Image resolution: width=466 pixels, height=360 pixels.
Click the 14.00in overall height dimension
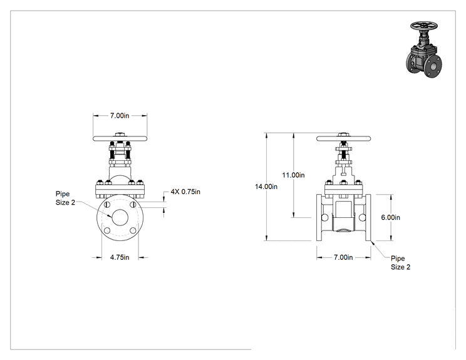pos(266,187)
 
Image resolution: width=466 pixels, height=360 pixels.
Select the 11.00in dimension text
pos(293,175)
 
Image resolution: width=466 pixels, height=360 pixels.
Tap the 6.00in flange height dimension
pos(390,217)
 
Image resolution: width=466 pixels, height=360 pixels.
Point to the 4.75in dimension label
pos(120,257)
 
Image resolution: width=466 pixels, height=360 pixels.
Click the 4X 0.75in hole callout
pos(185,192)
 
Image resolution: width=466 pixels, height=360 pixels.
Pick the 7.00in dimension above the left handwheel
pos(120,116)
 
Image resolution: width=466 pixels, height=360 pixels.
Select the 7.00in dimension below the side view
pos(343,257)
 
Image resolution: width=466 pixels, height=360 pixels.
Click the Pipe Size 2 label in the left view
pos(65,198)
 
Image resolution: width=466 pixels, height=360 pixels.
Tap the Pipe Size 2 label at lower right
pos(400,262)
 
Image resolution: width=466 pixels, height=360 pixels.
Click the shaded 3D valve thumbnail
pos(424,49)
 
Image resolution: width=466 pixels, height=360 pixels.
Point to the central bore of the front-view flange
pos(120,217)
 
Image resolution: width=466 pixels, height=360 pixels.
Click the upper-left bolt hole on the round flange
pos(107,205)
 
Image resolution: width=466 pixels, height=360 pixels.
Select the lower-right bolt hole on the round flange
pos(133,230)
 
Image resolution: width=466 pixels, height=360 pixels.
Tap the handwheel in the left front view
pos(120,138)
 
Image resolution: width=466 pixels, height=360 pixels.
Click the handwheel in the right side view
pos(344,138)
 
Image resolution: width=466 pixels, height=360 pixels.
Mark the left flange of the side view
pos(319,218)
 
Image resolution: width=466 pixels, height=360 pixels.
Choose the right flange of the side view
pos(368,218)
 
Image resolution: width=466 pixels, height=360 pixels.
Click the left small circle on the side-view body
pos(325,218)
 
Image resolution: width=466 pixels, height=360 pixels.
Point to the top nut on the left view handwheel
pos(120,134)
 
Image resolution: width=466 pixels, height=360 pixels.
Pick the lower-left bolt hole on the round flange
pos(107,230)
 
